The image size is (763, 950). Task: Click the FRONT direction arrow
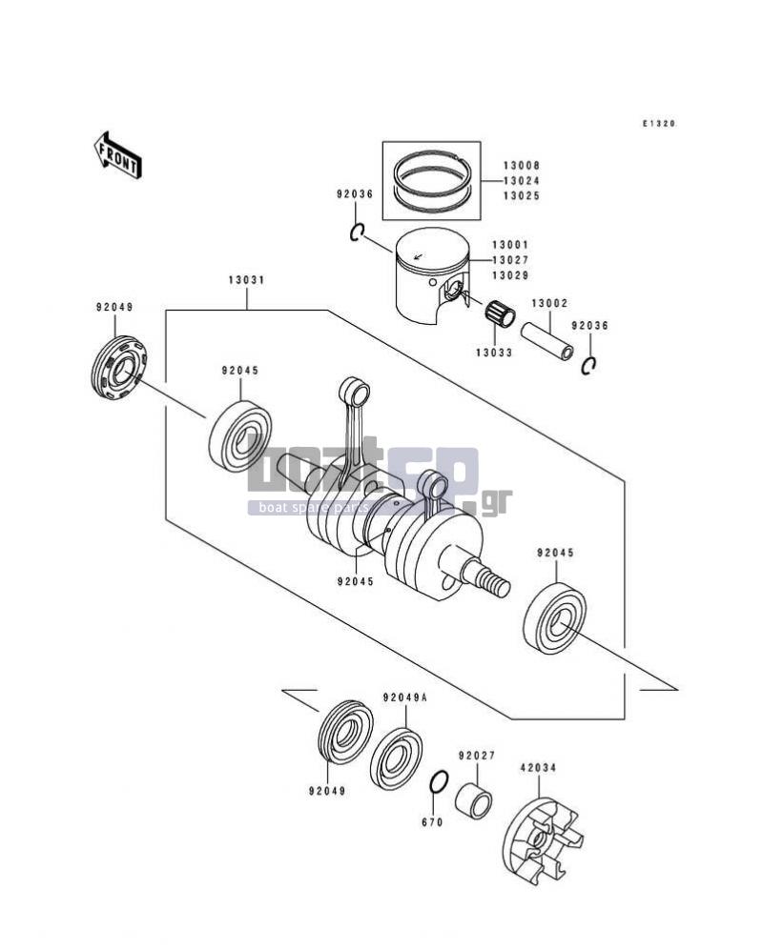click(x=118, y=154)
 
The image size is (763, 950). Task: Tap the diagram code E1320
click(x=659, y=124)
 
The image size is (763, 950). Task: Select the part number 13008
click(x=521, y=165)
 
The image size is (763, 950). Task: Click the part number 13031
click(x=246, y=280)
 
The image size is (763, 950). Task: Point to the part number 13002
click(x=549, y=302)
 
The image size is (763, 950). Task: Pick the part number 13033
click(x=494, y=353)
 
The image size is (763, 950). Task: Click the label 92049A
click(x=404, y=697)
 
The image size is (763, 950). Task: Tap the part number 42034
click(x=537, y=767)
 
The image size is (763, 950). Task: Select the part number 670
click(x=432, y=822)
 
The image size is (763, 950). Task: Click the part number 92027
click(x=477, y=756)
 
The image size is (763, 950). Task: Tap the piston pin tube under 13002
click(x=547, y=341)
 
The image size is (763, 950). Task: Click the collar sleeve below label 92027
click(x=474, y=800)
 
